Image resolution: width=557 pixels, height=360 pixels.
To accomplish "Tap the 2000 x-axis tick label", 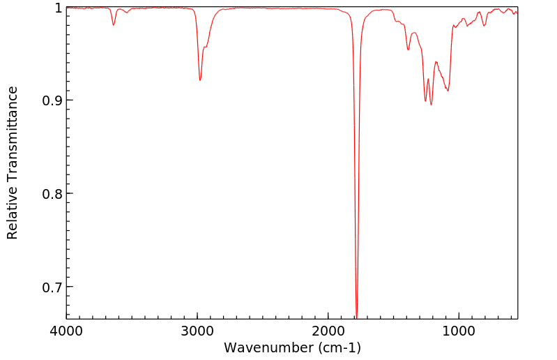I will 328,331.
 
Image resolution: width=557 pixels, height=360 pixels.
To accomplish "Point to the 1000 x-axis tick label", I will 459,331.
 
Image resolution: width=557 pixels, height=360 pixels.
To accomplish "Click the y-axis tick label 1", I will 59,8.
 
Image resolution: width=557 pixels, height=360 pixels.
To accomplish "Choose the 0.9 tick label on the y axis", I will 51,100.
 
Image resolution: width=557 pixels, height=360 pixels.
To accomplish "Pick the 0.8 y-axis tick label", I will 51,194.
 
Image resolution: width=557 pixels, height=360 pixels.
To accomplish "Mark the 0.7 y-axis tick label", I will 51,287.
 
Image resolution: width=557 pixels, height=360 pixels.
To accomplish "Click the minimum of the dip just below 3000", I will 200,80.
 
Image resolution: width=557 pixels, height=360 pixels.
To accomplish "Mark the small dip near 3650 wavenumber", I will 114,25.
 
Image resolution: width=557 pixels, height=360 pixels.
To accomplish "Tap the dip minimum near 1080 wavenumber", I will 448,91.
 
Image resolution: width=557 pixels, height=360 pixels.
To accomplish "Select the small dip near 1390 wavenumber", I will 409,50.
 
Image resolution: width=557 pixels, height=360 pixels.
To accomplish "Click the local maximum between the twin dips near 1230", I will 428,79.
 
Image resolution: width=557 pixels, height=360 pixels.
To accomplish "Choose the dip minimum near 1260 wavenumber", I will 425,101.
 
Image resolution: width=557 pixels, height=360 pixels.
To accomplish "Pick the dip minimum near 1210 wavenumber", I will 432,105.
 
